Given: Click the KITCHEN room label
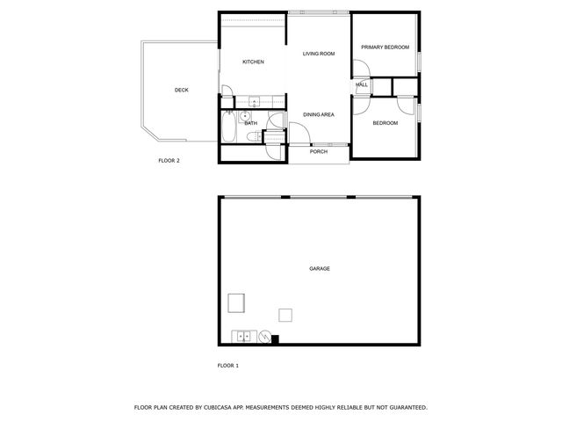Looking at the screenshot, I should [x=254, y=62].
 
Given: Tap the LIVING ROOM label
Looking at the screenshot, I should [x=319, y=54].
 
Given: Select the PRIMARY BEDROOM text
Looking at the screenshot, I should [x=385, y=47].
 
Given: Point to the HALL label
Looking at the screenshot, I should [x=362, y=84].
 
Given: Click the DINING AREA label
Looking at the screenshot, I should [x=319, y=115].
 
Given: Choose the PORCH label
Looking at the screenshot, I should [x=319, y=151].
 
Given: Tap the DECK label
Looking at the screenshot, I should [x=182, y=90].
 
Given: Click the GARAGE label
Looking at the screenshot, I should [x=319, y=268].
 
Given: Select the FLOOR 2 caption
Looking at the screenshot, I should [x=169, y=161].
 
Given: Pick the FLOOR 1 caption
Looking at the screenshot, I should [x=227, y=365].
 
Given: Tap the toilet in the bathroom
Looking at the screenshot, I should [x=252, y=136].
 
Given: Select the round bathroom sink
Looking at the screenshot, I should [x=244, y=116].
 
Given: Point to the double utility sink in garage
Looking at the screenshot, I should [x=243, y=335].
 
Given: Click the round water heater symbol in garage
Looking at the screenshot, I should [x=263, y=334].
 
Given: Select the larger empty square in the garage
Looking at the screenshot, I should [x=235, y=302].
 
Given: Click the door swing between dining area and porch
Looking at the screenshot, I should [x=299, y=132].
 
